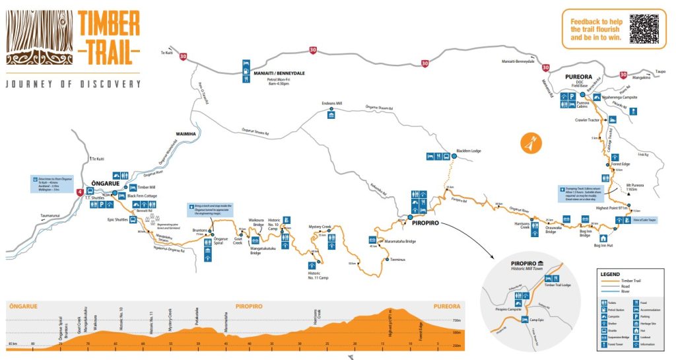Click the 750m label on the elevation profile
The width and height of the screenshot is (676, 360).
click(456, 320)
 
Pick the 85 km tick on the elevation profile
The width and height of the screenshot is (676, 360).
click(12, 344)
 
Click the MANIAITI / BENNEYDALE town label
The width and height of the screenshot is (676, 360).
click(279, 73)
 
